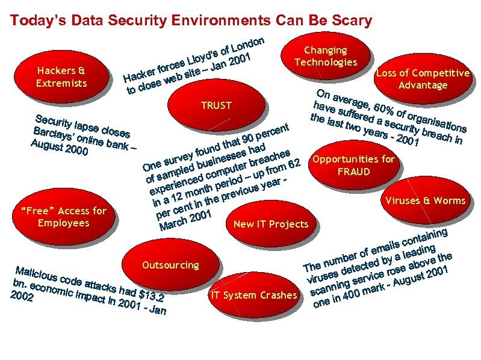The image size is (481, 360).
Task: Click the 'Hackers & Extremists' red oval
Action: [x=62, y=77]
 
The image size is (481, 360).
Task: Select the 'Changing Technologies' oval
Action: [x=326, y=57]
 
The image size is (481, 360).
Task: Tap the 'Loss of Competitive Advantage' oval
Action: [x=423, y=79]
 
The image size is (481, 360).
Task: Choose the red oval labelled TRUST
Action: [x=217, y=106]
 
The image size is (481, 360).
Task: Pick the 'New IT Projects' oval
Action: [x=270, y=225]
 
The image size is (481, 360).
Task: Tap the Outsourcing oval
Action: [x=170, y=265]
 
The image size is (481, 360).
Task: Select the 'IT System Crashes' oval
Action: [x=253, y=295]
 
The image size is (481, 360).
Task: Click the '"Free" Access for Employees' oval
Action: [x=63, y=217]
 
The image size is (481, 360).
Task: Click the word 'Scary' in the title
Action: [x=351, y=20]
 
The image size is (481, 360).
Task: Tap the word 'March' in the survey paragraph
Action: [x=173, y=225]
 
